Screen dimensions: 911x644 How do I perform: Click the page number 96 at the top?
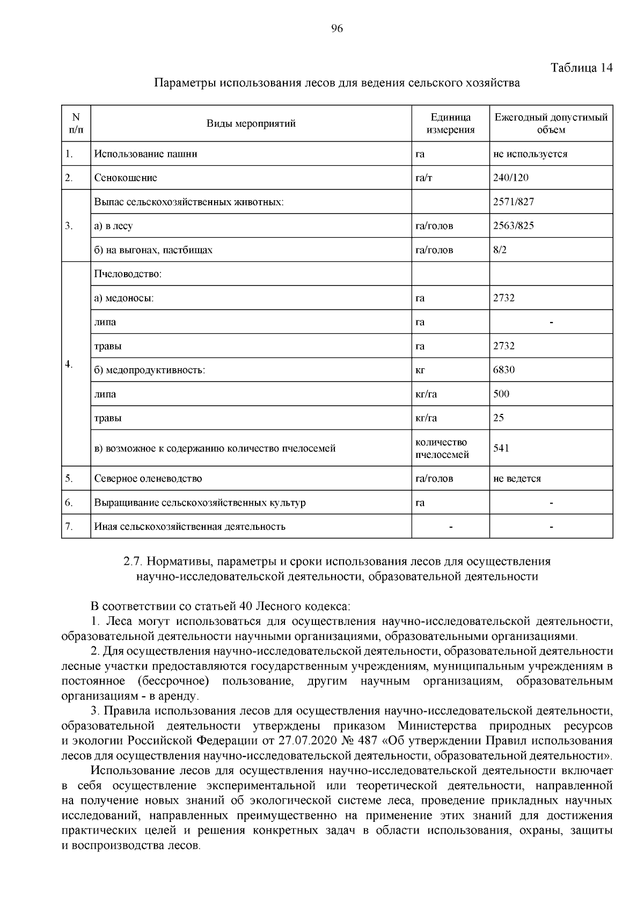tap(337, 29)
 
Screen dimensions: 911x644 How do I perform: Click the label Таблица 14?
tap(581, 68)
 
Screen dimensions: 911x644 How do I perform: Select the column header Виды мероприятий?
tap(251, 124)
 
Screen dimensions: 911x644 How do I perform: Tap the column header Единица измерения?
tap(450, 123)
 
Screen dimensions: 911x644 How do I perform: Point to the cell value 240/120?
tap(511, 178)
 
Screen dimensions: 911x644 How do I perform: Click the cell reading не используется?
tap(530, 154)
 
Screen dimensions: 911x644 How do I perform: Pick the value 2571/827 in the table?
tap(514, 202)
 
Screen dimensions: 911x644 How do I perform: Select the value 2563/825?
tap(514, 225)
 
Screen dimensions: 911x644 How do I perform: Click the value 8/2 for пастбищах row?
tap(500, 250)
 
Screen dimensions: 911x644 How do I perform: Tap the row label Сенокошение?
tap(126, 178)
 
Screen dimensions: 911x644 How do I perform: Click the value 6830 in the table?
tap(504, 370)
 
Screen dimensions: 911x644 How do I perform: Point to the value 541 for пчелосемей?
tap(501, 448)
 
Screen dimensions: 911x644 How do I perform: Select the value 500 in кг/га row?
tap(501, 394)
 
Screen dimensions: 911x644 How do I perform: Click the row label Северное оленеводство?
tap(148, 478)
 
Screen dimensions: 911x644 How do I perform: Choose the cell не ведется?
tap(517, 478)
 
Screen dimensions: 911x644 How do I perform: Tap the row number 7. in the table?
tap(69, 526)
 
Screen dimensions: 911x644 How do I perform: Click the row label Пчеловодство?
tap(128, 274)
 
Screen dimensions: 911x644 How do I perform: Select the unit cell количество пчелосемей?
tap(442, 448)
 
